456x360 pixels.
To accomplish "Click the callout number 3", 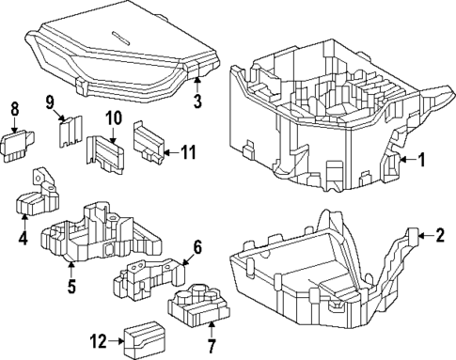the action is [x=197, y=101].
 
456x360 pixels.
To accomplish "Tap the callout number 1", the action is [x=422, y=160].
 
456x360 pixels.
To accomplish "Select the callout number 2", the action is [x=440, y=235].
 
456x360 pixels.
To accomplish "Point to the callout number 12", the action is [x=99, y=341].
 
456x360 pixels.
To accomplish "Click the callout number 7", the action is [x=212, y=347].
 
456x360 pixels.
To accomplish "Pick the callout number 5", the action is [x=197, y=247].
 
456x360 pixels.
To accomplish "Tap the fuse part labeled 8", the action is [x=17, y=146].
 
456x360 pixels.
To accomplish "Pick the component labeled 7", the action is [x=198, y=304].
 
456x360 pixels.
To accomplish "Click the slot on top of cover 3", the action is [x=120, y=37].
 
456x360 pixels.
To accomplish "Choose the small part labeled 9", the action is [x=71, y=132].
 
